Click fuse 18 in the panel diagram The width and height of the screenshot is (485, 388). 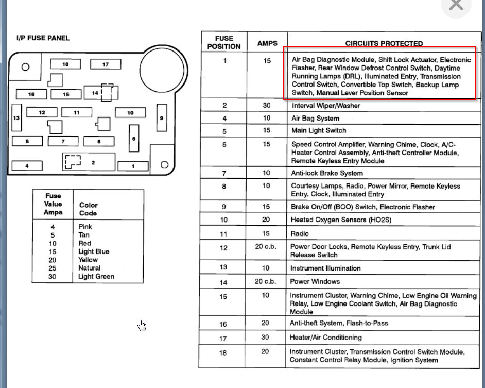pyautogui.click(x=65, y=64)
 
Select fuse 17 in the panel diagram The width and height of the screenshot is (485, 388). pyautogui.click(x=106, y=64)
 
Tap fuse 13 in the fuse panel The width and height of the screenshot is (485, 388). pyautogui.click(x=16, y=118)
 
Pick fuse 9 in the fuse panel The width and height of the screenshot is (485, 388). pyautogui.click(x=161, y=118)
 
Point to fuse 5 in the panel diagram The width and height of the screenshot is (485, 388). pyautogui.click(x=134, y=138)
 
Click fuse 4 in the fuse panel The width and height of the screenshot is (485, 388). pyautogui.click(x=27, y=166)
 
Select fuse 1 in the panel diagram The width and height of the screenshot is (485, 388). pyautogui.click(x=133, y=166)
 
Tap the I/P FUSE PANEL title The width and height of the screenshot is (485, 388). pyautogui.click(x=43, y=38)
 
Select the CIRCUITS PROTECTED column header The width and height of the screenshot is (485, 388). pyautogui.click(x=384, y=43)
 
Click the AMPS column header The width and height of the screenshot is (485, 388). pyautogui.click(x=267, y=43)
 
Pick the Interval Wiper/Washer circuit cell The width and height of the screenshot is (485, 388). pyautogui.click(x=326, y=106)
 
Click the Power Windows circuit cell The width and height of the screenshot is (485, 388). pyautogui.click(x=315, y=282)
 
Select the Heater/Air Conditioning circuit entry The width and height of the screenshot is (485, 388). pyautogui.click(x=326, y=338)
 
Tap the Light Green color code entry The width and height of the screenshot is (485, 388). pyautogui.click(x=96, y=277)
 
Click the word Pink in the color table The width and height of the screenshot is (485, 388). pyautogui.click(x=85, y=227)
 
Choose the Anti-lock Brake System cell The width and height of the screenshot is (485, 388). pyautogui.click(x=327, y=173)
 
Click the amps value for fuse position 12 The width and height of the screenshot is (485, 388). pyautogui.click(x=266, y=247)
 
